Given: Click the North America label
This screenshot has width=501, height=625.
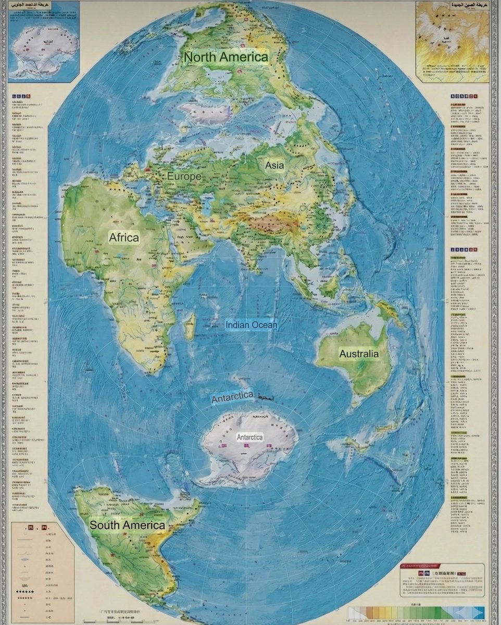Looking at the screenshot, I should [226, 57].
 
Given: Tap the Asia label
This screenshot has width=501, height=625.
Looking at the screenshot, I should [274, 166].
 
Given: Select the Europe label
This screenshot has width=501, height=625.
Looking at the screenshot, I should [184, 177].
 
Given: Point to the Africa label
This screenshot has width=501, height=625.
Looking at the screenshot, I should [124, 238].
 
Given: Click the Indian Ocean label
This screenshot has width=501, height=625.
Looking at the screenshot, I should [252, 325].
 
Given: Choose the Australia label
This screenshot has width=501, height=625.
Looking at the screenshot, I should [359, 354].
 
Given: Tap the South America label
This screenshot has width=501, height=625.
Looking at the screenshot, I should [127, 526].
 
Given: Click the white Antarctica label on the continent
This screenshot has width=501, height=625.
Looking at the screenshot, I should [250, 438].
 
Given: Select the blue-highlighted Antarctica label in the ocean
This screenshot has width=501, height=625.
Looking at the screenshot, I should [232, 396].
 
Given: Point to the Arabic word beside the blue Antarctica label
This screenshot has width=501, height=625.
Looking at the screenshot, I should [266, 397].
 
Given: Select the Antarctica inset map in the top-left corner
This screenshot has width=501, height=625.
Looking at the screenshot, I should [44, 47].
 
